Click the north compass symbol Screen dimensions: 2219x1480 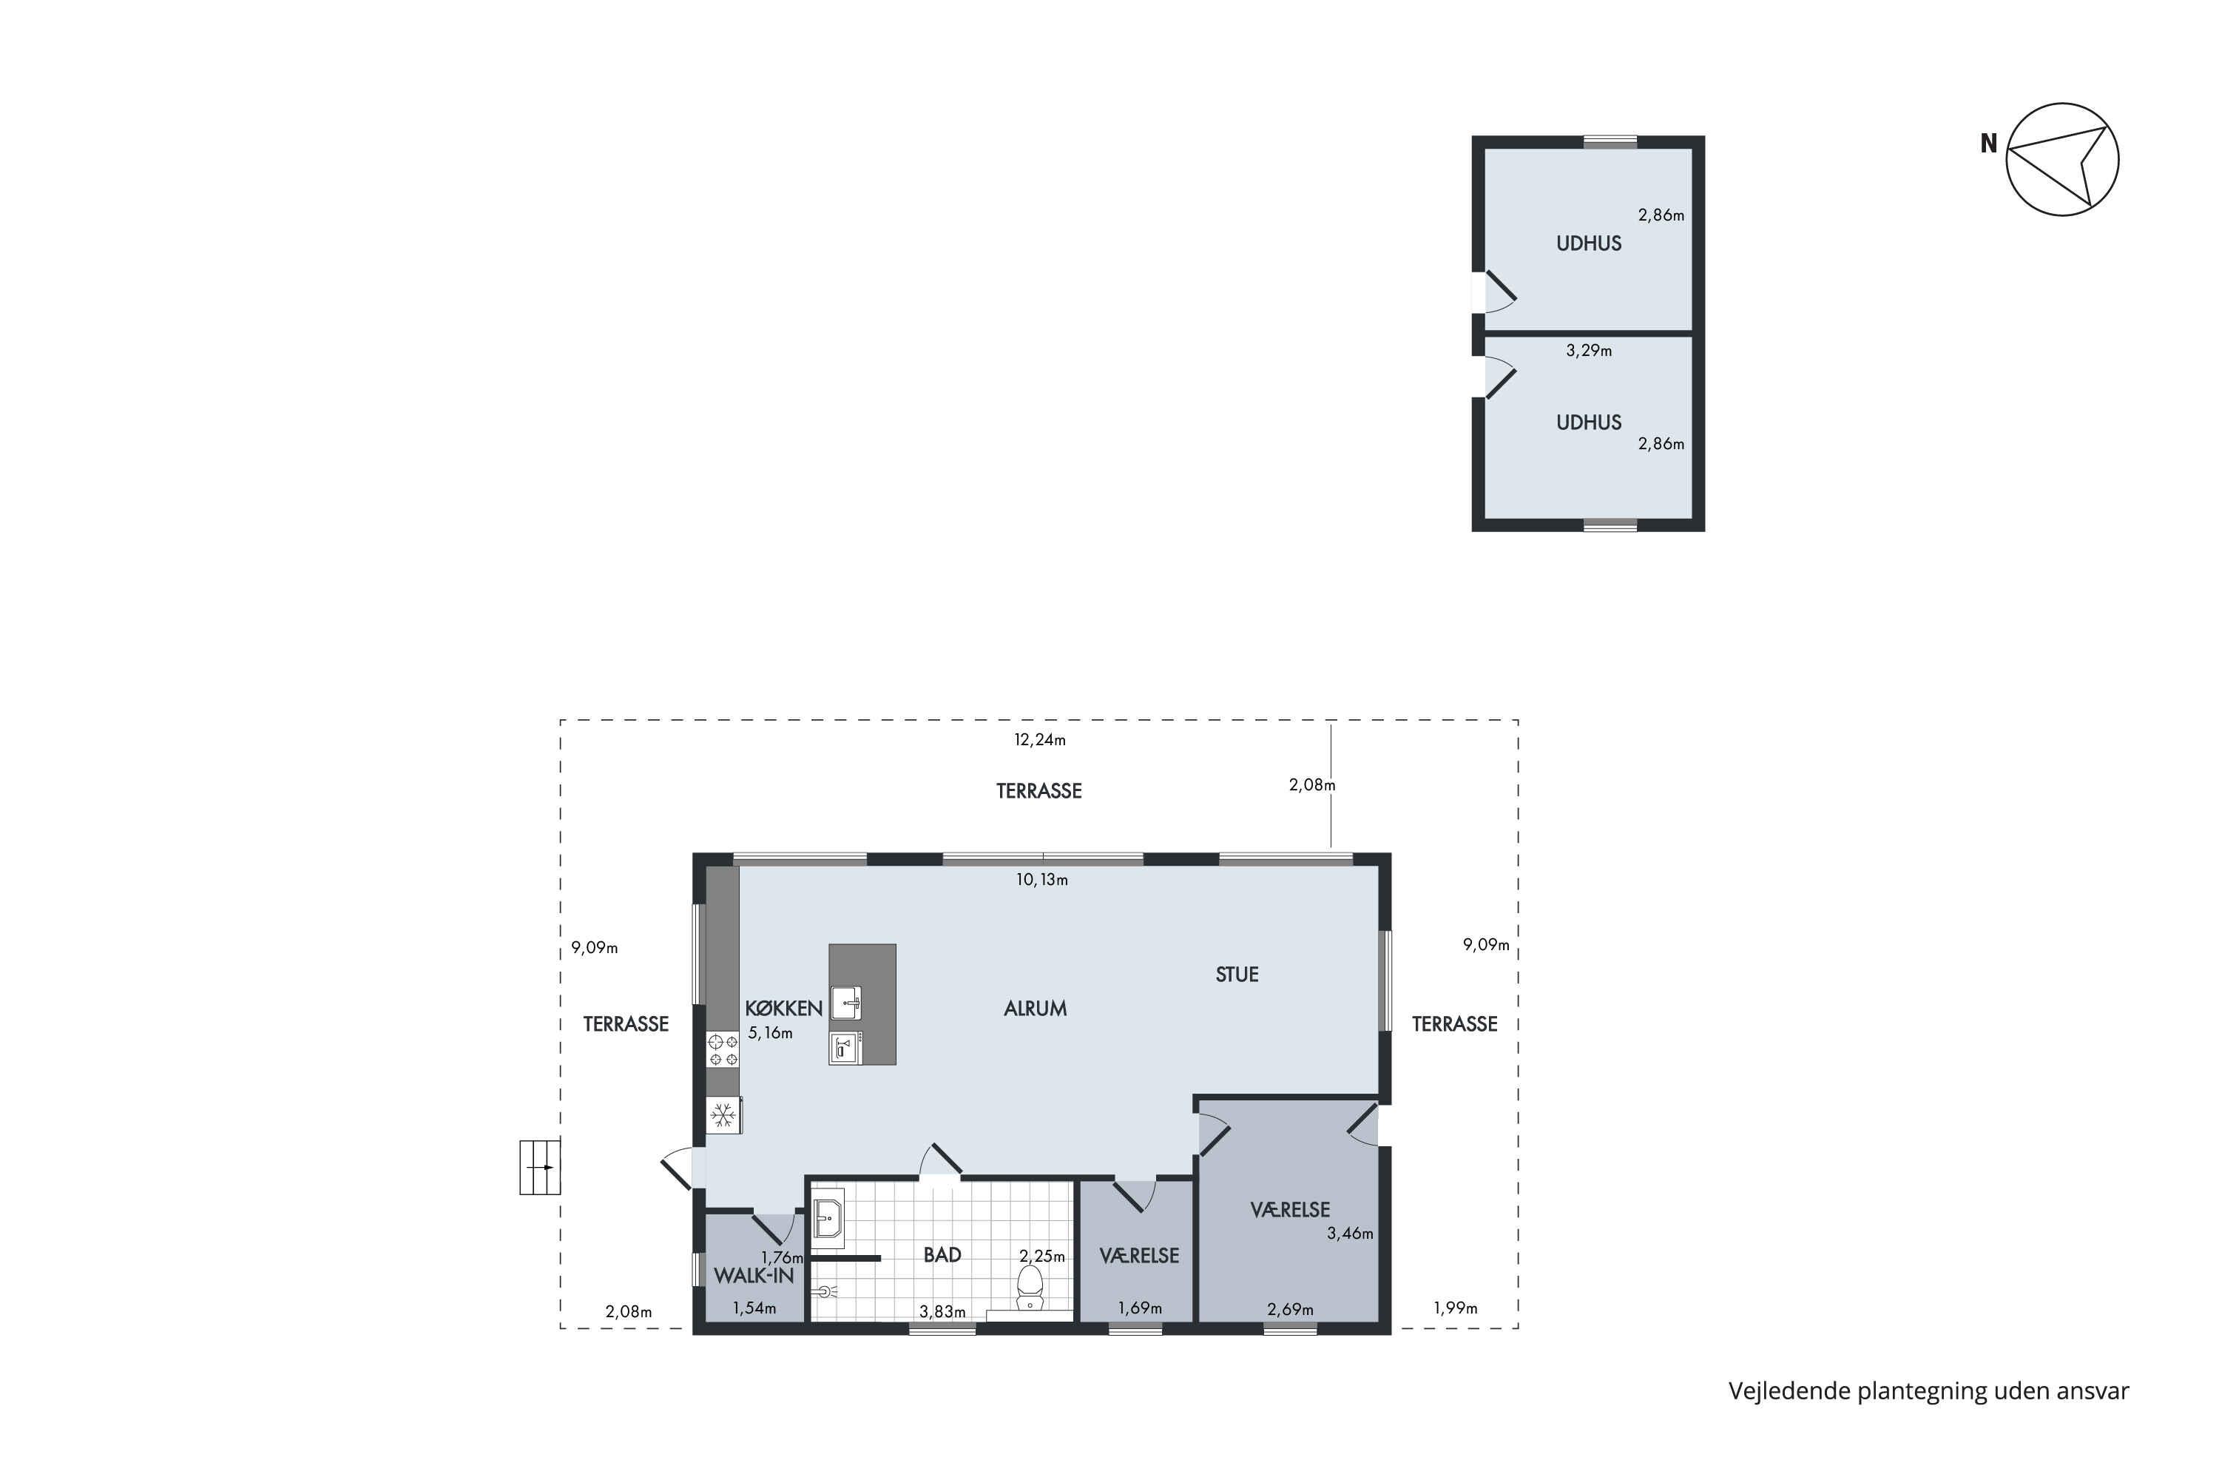2062,160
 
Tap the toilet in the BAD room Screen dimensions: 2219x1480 1030,1288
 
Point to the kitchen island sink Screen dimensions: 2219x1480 845,1003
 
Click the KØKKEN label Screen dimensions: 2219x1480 783,1008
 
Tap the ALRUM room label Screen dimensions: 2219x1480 1035,1008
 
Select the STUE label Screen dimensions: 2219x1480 1237,974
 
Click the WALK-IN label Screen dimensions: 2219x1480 753,1275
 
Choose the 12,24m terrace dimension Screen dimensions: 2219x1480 1040,740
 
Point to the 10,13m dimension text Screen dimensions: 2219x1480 1041,880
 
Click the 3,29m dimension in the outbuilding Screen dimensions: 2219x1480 1589,350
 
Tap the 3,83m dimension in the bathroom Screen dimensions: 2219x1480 942,1311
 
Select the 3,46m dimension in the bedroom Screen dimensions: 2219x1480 1350,1233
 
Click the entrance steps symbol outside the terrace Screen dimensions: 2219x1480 540,1168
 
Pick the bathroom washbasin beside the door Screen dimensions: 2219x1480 828,1217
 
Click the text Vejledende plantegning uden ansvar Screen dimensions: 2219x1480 1928,1390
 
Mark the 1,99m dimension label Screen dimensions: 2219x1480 1456,1308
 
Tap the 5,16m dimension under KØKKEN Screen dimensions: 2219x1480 770,1032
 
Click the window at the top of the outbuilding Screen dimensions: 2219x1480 1610,141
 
